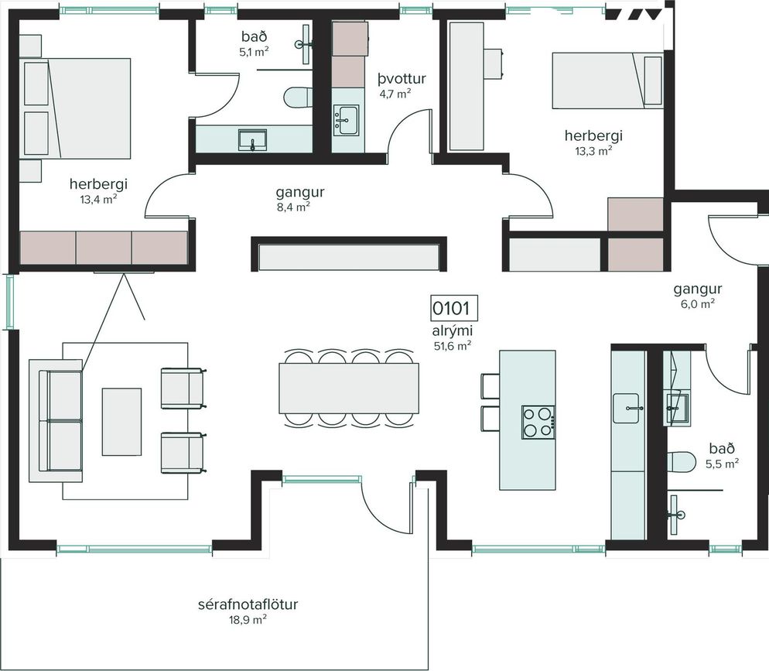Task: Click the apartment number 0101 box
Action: coord(454,309)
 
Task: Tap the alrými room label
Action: coord(453,331)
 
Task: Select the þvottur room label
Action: coord(402,78)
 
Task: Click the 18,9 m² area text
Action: coord(248,619)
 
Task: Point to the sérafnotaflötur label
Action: coord(248,604)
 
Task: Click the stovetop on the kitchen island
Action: coord(538,423)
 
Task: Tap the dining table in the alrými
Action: coord(349,388)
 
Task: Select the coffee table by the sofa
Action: coord(121,422)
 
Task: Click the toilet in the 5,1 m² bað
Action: coord(298,97)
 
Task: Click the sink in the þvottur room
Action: coord(347,120)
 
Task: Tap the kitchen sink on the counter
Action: coord(626,408)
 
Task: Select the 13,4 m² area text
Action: coord(98,199)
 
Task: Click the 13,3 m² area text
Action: coord(593,151)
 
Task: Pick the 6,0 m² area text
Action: coord(697,303)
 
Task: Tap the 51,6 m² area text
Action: coord(453,346)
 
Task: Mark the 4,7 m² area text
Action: coord(395,94)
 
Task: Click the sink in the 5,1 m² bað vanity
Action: coord(252,140)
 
